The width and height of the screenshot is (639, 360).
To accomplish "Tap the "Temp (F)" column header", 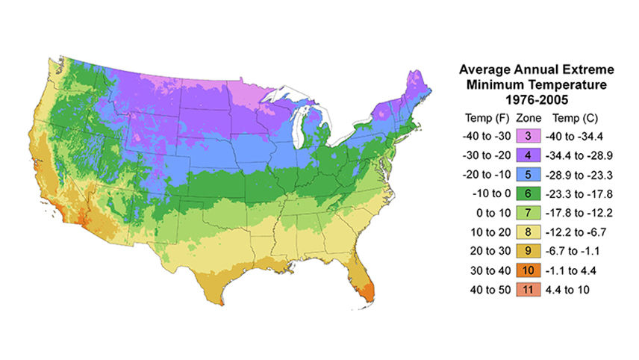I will (x=486, y=117).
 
